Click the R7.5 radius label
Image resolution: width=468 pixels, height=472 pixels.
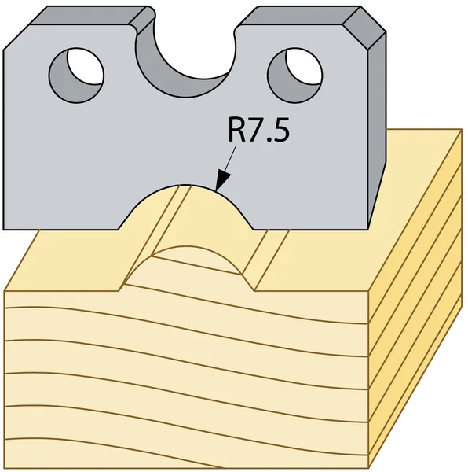258,130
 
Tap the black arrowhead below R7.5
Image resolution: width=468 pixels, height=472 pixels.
222,181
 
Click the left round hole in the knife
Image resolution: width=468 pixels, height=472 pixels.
76,76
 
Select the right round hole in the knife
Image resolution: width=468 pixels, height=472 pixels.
295,76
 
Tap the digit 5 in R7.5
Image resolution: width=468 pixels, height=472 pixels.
281,130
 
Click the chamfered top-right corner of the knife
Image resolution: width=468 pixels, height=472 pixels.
364,28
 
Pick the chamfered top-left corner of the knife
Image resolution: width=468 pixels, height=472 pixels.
16,37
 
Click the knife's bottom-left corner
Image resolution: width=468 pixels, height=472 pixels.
4,230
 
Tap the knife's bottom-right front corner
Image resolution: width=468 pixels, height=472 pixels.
367,230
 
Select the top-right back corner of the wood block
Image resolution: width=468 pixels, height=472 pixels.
462,130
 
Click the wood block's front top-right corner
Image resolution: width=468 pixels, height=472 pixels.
368,291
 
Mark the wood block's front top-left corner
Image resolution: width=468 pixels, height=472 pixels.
4,291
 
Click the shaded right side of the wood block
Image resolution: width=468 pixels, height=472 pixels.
415,301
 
